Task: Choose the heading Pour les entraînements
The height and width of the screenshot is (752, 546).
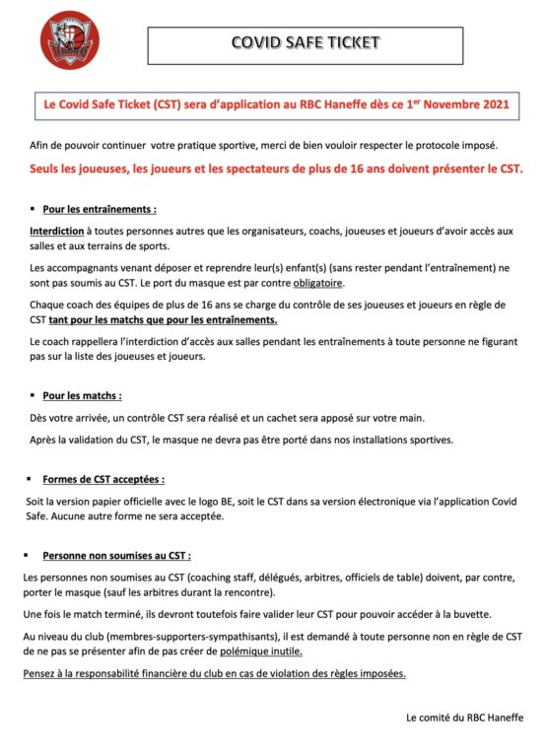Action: (100, 209)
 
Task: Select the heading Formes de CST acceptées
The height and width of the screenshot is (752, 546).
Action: (102, 480)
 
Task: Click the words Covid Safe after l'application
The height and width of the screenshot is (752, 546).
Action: (490, 501)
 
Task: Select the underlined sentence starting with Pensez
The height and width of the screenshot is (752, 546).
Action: (215, 673)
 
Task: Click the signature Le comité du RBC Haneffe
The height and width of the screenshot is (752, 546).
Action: (464, 718)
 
